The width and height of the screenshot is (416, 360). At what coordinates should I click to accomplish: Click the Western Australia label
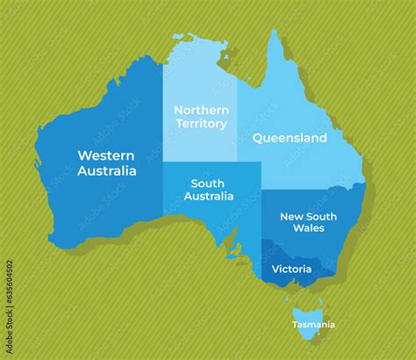(x=107, y=162)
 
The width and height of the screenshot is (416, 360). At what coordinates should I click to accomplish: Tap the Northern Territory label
(x=201, y=117)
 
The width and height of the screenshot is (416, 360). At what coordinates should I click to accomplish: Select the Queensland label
(x=290, y=138)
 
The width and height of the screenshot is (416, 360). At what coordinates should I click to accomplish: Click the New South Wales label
(x=302, y=221)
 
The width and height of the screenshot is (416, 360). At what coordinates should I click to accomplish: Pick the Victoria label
(x=289, y=268)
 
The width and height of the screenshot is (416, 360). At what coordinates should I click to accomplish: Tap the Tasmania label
(x=313, y=325)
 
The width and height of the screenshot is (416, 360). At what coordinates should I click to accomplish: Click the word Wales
(x=308, y=228)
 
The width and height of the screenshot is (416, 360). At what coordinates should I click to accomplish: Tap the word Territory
(x=201, y=124)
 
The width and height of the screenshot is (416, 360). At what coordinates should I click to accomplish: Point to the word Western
(x=107, y=155)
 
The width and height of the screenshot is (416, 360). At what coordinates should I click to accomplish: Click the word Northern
(x=201, y=110)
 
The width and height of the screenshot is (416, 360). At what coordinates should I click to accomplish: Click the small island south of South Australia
(x=233, y=256)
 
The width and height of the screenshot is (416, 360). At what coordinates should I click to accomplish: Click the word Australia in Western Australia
(x=107, y=170)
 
